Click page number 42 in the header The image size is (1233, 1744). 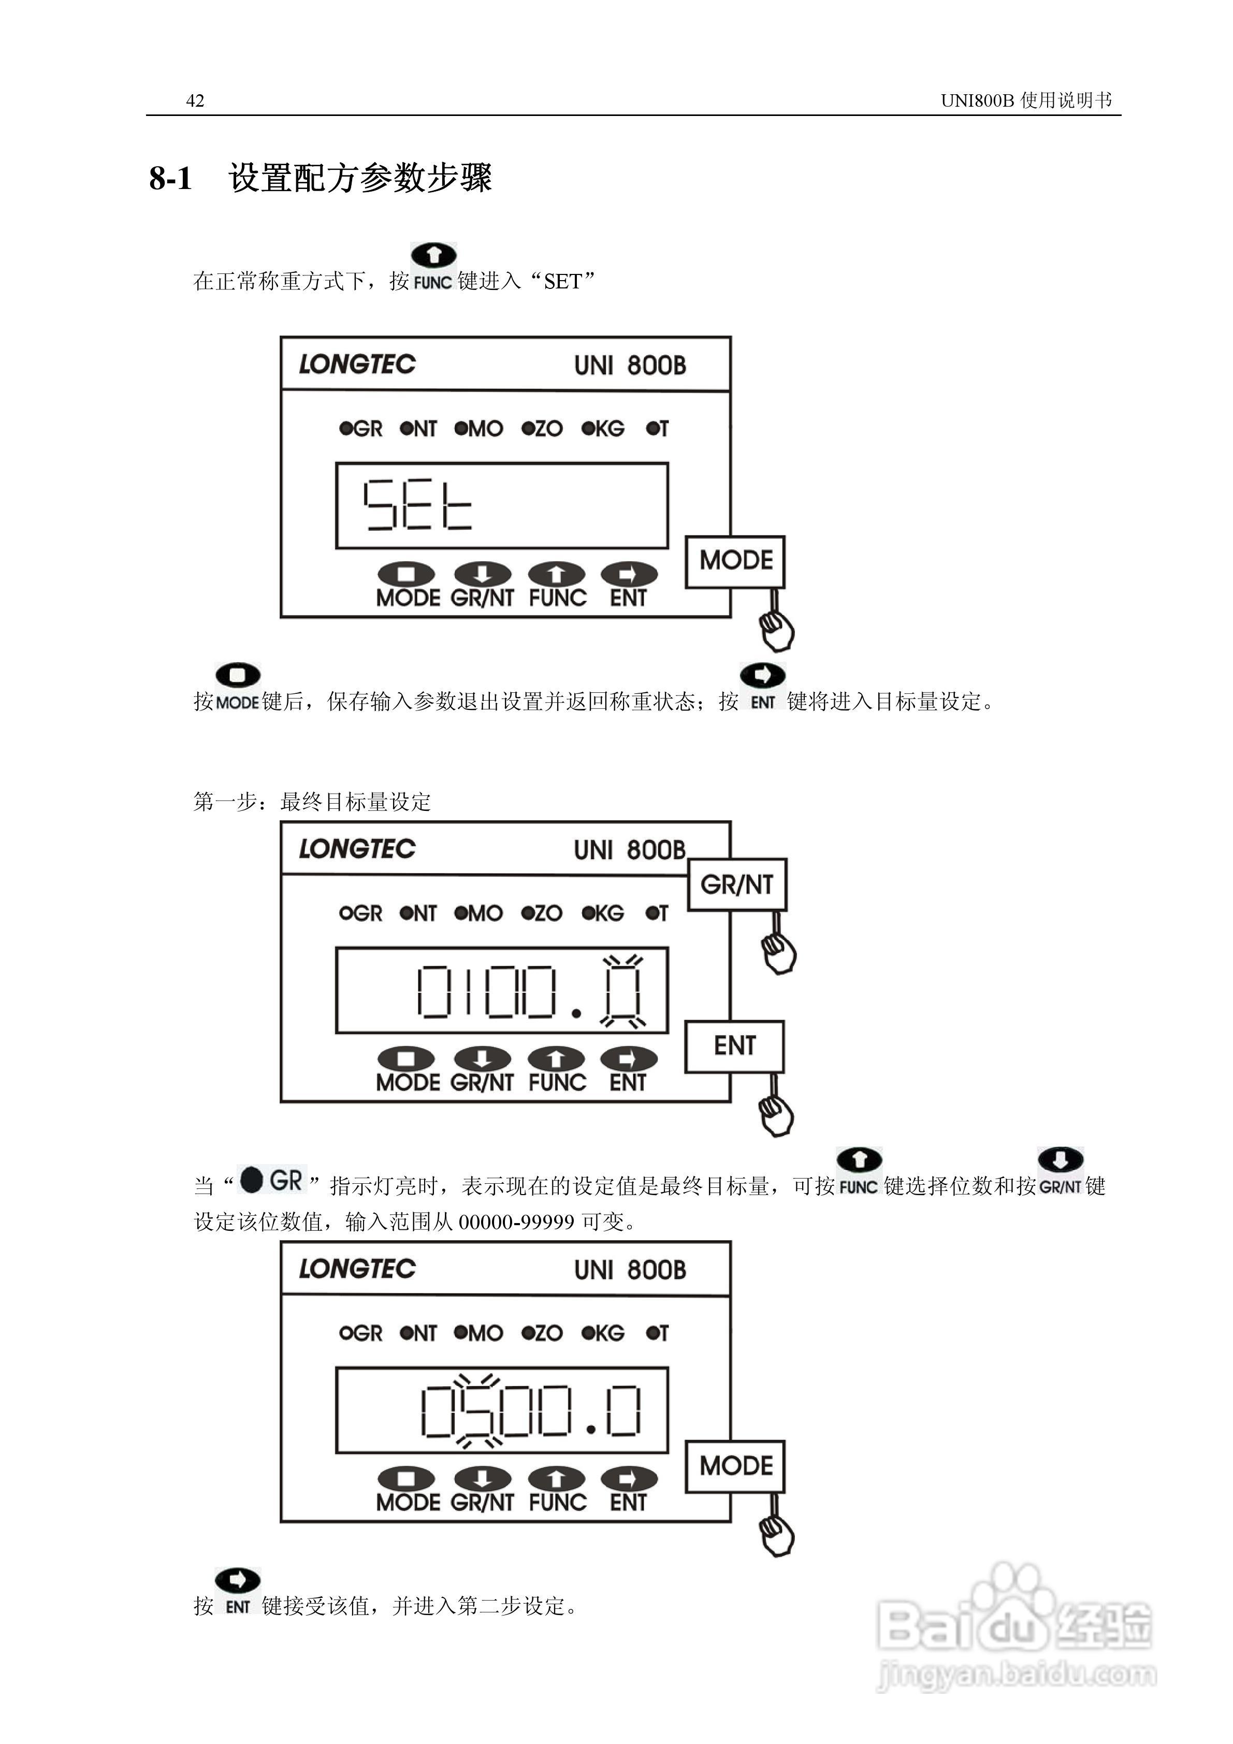pyautogui.click(x=195, y=101)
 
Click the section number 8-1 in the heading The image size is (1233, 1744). pyautogui.click(x=171, y=179)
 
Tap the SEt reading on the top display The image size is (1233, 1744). pyautogui.click(x=417, y=504)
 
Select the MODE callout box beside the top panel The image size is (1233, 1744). pyautogui.click(x=735, y=561)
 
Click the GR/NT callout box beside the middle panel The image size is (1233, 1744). pyautogui.click(x=737, y=885)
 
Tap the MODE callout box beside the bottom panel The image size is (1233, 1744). pyautogui.click(x=735, y=1466)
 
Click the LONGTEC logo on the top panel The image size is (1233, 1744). pyautogui.click(x=357, y=365)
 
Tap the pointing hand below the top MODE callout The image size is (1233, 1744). pyautogui.click(x=776, y=631)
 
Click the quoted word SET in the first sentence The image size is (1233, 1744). pyautogui.click(x=563, y=282)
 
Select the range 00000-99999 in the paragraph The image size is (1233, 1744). pyautogui.click(x=517, y=1222)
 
